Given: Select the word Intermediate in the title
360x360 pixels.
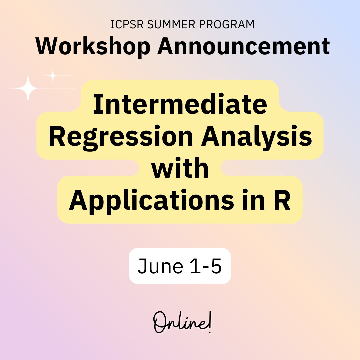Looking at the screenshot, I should point(180,104).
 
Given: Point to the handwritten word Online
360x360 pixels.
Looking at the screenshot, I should point(180,323).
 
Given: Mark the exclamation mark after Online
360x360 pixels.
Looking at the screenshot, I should point(210,323).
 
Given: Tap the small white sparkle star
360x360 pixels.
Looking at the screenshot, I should point(52,76).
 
